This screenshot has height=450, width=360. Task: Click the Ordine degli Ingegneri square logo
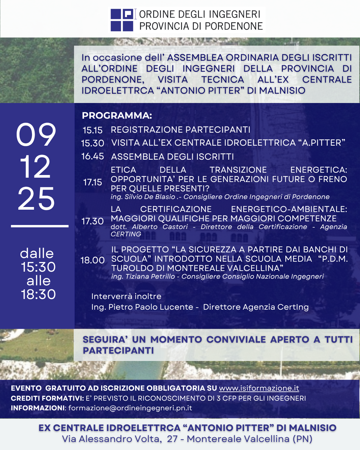(x=122, y=20)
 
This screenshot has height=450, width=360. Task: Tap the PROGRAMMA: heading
(x=117, y=116)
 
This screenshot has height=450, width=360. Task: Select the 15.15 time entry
(x=93, y=130)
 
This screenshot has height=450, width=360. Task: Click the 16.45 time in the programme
(x=93, y=156)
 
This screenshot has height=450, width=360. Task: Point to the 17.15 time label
(x=93, y=182)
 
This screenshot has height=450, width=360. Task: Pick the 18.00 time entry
(x=93, y=260)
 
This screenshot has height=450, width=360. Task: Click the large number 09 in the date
(x=36, y=134)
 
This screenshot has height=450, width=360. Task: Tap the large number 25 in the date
(x=36, y=199)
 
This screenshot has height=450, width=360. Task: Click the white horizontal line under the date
(x=40, y=226)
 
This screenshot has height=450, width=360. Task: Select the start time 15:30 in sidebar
(x=38, y=267)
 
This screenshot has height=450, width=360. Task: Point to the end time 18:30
(x=38, y=294)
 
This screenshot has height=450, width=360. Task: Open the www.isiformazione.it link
(x=259, y=388)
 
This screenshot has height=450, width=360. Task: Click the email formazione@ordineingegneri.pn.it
(x=130, y=408)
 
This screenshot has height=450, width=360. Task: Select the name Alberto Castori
(x=160, y=227)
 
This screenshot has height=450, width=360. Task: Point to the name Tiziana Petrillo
(x=150, y=277)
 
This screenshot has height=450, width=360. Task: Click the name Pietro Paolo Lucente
(x=151, y=307)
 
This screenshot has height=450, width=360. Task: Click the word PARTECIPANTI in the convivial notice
(x=118, y=351)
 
